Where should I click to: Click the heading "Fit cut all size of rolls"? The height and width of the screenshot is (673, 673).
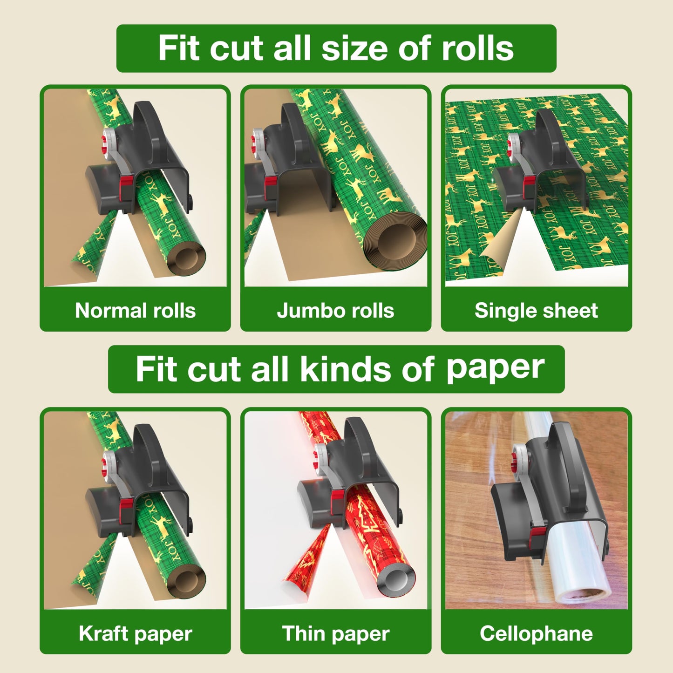tap(336, 48)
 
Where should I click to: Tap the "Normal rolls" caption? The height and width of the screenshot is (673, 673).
tap(135, 311)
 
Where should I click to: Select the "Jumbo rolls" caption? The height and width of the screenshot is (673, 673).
tap(335, 311)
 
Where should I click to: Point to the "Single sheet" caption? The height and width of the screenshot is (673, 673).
tap(536, 311)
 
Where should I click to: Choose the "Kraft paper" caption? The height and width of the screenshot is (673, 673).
tap(135, 633)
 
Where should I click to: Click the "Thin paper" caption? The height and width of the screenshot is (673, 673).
tap(335, 633)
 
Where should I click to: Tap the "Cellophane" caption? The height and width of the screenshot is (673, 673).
tap(536, 633)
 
